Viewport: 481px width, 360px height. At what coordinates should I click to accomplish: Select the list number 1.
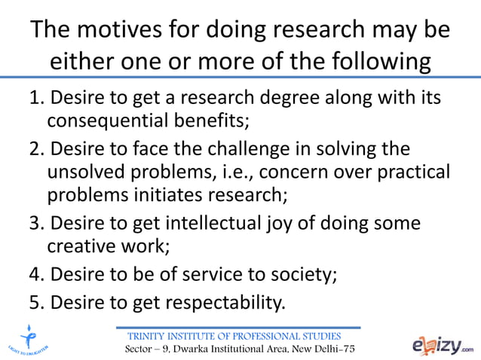coord(35,99)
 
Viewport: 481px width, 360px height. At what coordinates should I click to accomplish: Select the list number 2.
coord(35,148)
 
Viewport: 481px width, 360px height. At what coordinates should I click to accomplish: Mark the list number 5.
coord(35,303)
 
